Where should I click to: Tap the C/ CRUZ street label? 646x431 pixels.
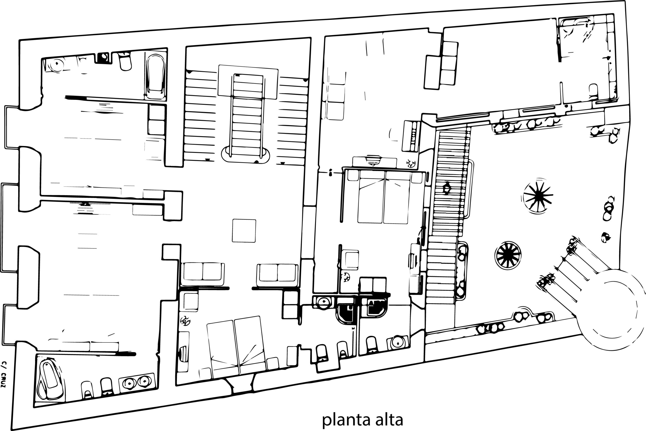point(3,374)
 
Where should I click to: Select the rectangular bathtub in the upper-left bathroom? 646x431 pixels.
point(156,77)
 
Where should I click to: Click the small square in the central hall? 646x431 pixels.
point(244,231)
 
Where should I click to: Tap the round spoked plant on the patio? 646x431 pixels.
point(508,255)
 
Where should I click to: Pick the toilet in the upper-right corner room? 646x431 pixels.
point(593,92)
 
